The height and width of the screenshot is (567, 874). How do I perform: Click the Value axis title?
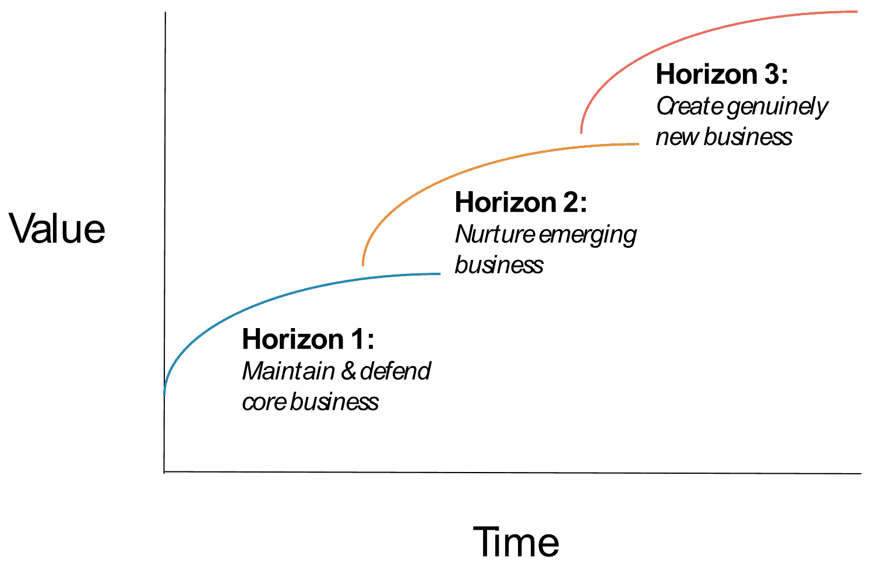(x=57, y=228)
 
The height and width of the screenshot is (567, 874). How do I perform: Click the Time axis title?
(x=516, y=542)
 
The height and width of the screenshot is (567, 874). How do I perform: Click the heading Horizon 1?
(x=308, y=339)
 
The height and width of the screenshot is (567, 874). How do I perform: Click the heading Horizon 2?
(x=520, y=203)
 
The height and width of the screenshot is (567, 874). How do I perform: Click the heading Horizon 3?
(x=721, y=75)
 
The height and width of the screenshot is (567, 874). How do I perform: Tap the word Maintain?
(x=288, y=371)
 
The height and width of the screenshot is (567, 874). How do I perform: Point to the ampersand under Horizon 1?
(x=348, y=371)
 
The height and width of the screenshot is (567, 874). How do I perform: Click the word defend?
(x=396, y=371)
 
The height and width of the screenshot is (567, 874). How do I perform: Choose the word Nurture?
(x=495, y=234)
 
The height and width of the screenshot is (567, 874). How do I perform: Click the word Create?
(x=690, y=107)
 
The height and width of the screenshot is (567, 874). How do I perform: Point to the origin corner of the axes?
(x=164, y=471)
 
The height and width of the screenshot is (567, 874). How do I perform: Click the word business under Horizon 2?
(x=499, y=266)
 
